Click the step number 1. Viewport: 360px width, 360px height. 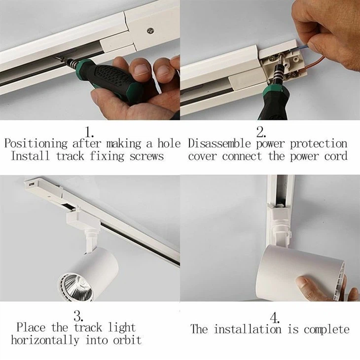pos(89,132)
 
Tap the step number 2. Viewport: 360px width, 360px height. pos(261,132)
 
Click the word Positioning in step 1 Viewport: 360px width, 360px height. pos(36,144)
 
